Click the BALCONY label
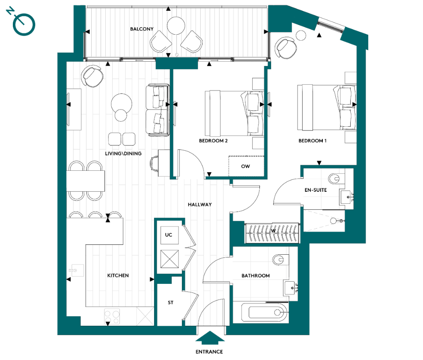pos(142,29)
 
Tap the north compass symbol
pos(24,24)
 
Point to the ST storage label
pos(170,303)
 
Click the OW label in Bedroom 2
pos(245,166)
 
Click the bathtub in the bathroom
pos(263,313)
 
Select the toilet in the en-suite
pos(334,178)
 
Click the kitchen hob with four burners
pos(112,317)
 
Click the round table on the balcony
pos(176,26)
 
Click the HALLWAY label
pos(200,205)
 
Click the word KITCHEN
pos(118,276)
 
